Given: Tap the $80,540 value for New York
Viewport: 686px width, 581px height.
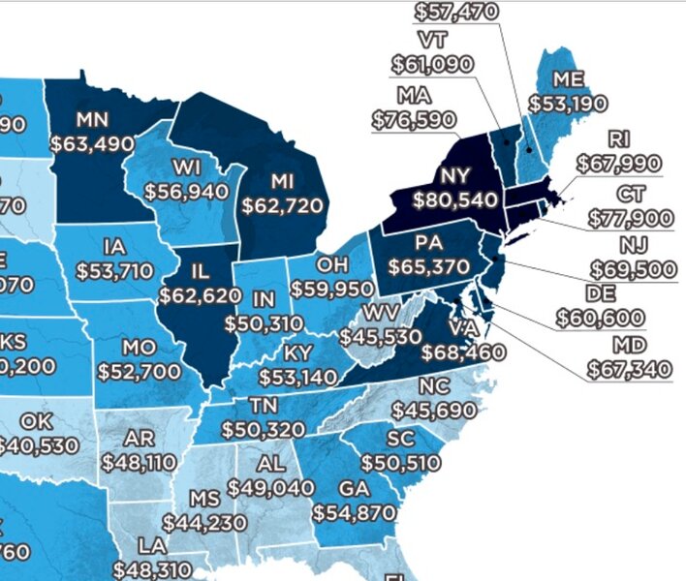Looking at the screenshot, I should pos(454,200).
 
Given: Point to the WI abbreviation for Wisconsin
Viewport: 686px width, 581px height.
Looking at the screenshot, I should pos(186,167).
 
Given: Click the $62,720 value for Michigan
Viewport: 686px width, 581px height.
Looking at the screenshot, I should pos(285,205).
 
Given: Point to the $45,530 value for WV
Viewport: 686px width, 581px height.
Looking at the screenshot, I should pos(381,336).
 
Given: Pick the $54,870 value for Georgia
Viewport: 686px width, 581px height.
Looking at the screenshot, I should pos(354,509).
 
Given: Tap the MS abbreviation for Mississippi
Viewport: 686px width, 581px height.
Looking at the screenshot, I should pos(204,499).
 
